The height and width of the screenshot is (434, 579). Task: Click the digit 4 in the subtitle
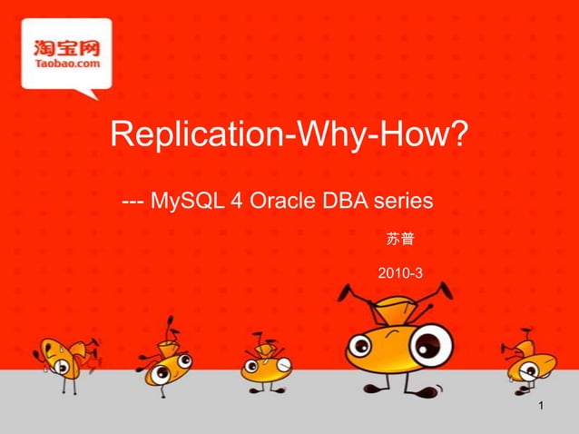[x=235, y=199]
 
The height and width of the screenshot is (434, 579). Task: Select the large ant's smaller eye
[x=360, y=346]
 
